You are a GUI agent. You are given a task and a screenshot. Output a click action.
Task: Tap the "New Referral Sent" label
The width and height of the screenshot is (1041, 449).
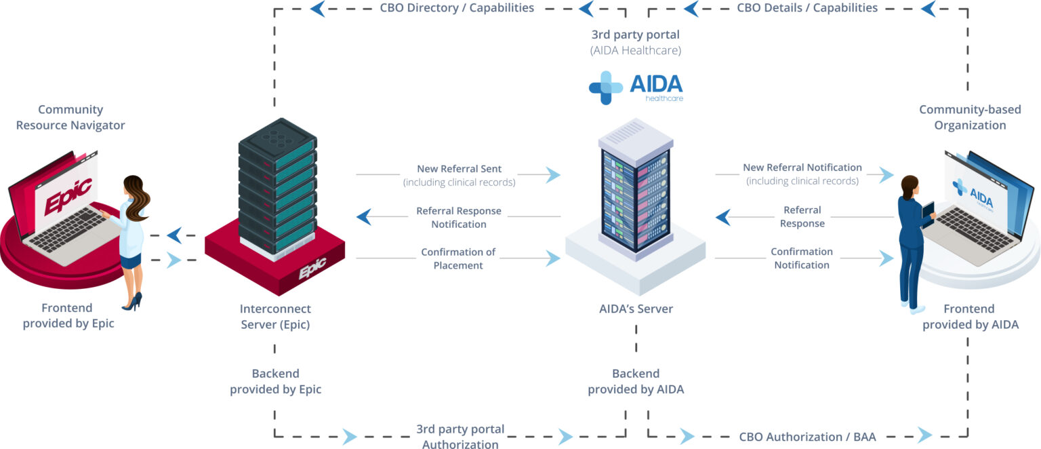[460, 169]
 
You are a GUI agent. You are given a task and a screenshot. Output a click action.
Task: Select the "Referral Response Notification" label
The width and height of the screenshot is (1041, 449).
[459, 217]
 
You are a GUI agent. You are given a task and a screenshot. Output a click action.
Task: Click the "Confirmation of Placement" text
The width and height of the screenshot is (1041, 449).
[458, 258]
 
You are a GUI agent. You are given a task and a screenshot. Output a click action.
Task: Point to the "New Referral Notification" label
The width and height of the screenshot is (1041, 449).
[802, 168]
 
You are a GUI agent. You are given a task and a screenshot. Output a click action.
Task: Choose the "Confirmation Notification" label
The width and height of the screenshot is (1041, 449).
[802, 258]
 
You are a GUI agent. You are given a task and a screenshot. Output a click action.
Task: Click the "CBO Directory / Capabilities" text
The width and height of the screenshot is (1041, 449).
[457, 8]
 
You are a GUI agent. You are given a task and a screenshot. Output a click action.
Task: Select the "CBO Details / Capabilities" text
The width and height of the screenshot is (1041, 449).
[807, 8]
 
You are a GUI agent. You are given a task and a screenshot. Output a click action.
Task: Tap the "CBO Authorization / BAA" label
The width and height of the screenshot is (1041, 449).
[807, 436]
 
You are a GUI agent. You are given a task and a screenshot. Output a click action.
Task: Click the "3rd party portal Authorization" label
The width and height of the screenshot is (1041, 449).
[460, 437]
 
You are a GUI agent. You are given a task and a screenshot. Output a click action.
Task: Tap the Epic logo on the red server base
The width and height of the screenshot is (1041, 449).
[312, 270]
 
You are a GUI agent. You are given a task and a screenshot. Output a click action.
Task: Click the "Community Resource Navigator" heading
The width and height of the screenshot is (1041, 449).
[70, 117]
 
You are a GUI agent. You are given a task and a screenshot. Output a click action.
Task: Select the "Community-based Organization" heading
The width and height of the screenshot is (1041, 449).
[970, 117]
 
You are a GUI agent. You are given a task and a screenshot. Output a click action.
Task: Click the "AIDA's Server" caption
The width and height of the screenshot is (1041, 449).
[636, 309]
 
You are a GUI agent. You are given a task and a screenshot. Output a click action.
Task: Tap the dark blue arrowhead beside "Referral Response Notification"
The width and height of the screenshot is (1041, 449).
[364, 217]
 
